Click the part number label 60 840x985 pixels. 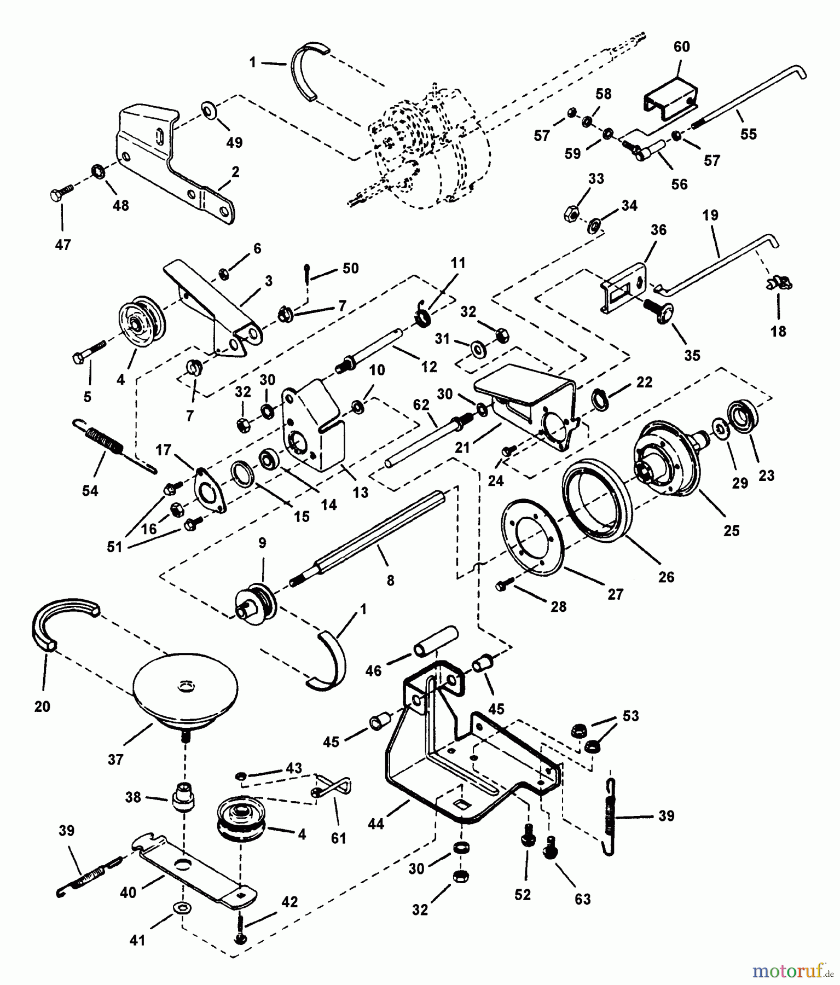pos(681,47)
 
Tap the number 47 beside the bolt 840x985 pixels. pos(63,245)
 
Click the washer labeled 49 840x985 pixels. pos(208,108)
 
